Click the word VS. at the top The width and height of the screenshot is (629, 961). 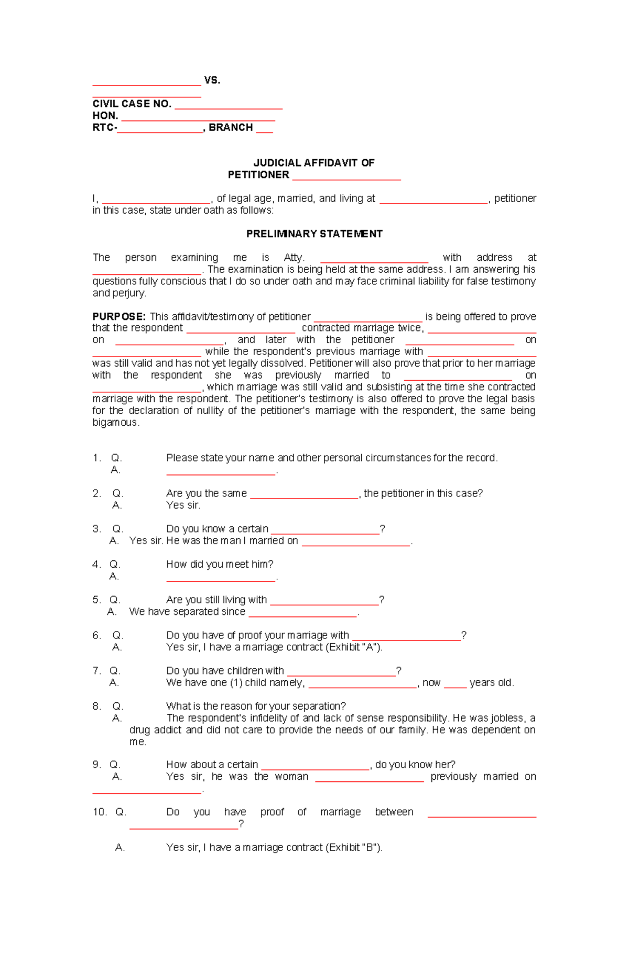point(212,80)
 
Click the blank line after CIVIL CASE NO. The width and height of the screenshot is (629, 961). point(229,107)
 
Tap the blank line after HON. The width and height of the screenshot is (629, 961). point(198,119)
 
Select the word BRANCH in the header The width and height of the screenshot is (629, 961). point(231,127)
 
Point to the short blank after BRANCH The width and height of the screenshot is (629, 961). point(264,131)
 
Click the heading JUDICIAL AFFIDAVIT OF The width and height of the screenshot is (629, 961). point(313,163)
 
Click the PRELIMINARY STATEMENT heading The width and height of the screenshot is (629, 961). point(314,234)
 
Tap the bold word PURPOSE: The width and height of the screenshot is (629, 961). point(119,316)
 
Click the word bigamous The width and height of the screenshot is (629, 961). point(116,422)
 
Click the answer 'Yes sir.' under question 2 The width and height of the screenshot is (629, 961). point(183,505)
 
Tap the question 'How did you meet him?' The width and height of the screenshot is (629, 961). point(220,564)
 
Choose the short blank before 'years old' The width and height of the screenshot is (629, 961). point(455,686)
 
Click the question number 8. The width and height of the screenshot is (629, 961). point(96,706)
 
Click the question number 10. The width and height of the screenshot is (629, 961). point(99,812)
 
